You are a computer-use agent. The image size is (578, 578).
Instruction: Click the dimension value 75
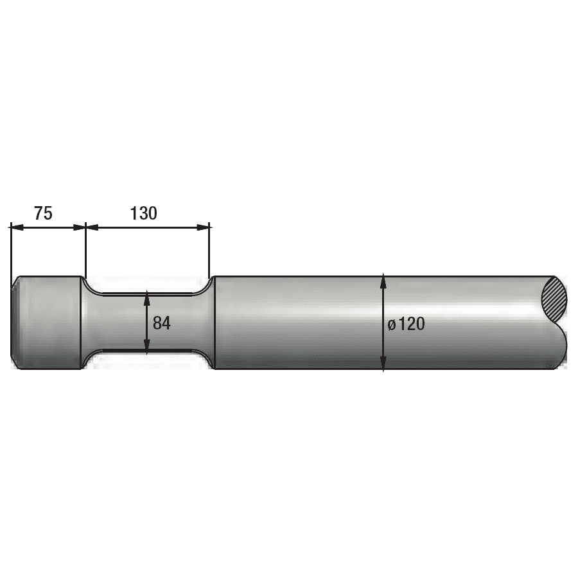43,213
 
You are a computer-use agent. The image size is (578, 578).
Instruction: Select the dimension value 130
143,213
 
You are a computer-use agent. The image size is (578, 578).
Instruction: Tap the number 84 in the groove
162,323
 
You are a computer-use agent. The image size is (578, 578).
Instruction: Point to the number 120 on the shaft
412,324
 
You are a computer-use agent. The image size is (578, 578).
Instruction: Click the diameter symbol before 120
392,325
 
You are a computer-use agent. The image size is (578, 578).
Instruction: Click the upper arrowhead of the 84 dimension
147,297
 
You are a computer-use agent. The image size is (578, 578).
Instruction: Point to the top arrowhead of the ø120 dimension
383,279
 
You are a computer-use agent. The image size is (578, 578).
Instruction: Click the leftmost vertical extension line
11,250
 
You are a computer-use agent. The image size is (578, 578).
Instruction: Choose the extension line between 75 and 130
85,250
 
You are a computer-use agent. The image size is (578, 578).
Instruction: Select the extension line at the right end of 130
210,250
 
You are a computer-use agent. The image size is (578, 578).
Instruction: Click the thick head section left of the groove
48,323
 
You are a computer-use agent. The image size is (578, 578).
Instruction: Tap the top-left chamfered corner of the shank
15,280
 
